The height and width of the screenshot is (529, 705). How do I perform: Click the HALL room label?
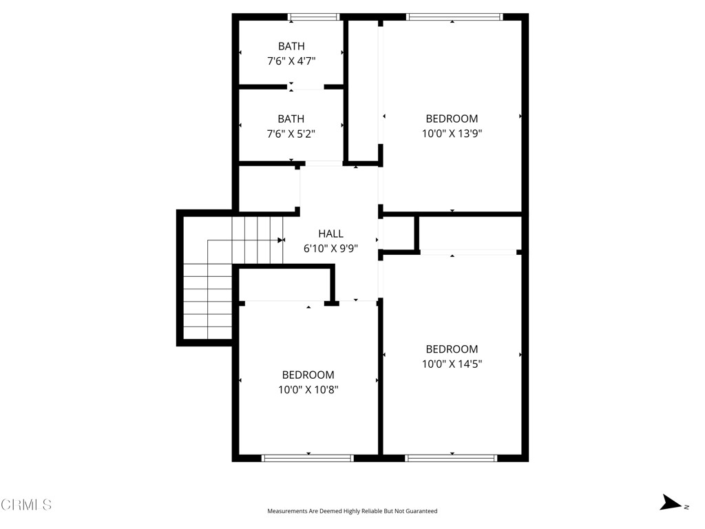pyautogui.click(x=330, y=234)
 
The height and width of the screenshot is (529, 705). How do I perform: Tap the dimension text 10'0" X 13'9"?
pyautogui.click(x=452, y=134)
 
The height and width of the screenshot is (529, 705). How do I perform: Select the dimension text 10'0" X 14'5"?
pyautogui.click(x=452, y=364)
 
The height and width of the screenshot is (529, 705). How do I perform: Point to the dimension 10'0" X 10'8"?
pyautogui.click(x=308, y=390)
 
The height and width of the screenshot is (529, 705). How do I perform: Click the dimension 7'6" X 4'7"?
pyautogui.click(x=291, y=61)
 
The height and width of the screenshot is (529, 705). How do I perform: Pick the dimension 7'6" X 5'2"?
pyautogui.click(x=291, y=134)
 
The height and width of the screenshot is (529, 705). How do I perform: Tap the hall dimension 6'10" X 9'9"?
pyautogui.click(x=330, y=249)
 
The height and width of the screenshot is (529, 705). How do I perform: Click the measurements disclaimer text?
pyautogui.click(x=352, y=511)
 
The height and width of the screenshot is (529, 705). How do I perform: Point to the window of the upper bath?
pyautogui.click(x=314, y=17)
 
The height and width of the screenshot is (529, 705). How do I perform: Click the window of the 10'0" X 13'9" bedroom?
pyautogui.click(x=454, y=17)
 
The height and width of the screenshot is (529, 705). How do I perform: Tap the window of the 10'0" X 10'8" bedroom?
pyautogui.click(x=308, y=457)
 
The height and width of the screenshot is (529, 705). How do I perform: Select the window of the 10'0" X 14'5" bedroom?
pyautogui.click(x=452, y=457)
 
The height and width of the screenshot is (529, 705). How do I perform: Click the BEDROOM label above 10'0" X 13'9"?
pyautogui.click(x=452, y=118)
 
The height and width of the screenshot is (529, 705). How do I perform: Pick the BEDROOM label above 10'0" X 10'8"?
pyautogui.click(x=308, y=375)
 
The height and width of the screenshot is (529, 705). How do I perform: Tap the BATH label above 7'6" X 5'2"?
pyautogui.click(x=291, y=118)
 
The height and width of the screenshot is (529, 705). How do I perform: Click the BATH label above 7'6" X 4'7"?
pyautogui.click(x=291, y=46)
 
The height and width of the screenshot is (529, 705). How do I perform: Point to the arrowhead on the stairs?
pyautogui.click(x=281, y=240)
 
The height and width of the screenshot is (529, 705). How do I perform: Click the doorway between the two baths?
pyautogui.click(x=306, y=87)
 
